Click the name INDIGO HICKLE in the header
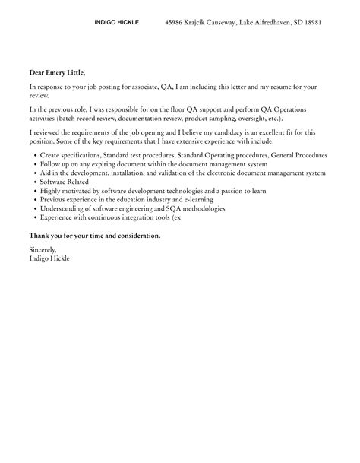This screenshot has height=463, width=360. point(116,23)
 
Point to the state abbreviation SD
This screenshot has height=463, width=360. point(291,23)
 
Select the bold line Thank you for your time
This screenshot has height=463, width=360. point(95,235)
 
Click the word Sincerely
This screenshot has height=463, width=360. point(43,249)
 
